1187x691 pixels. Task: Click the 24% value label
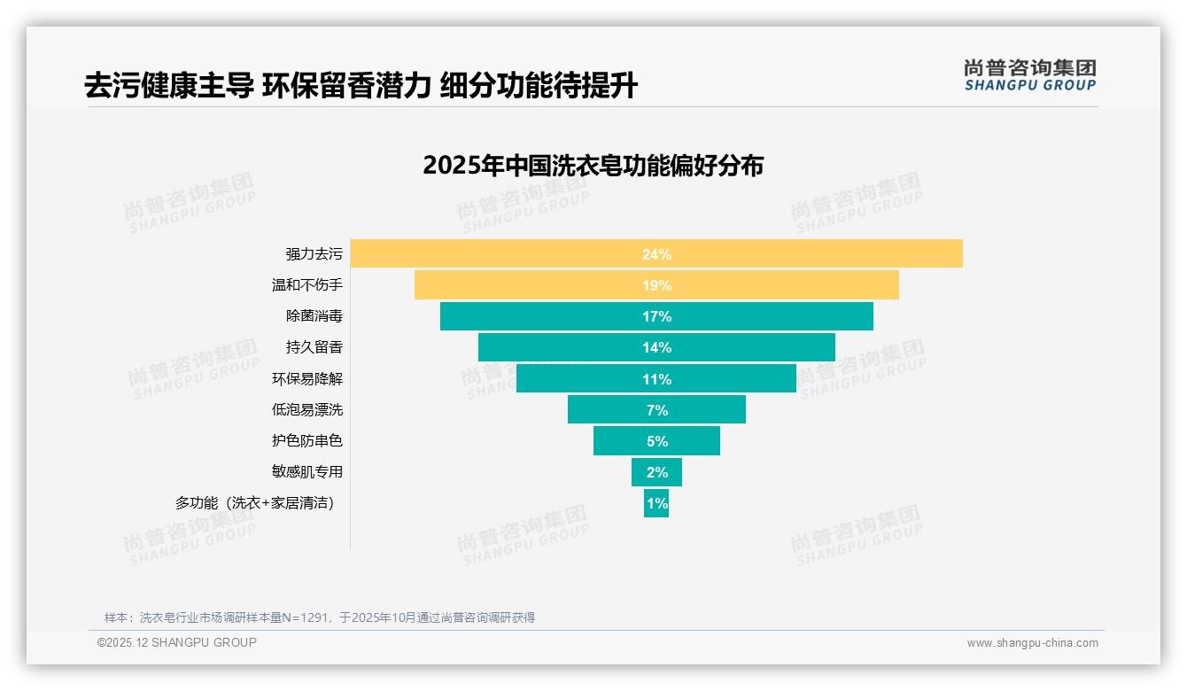(656, 254)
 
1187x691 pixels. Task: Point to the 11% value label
(656, 379)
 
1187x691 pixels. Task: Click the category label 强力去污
(314, 254)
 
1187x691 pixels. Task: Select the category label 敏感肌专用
(306, 472)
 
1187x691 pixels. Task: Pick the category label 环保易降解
(306, 379)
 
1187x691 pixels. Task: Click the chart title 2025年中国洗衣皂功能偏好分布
(593, 166)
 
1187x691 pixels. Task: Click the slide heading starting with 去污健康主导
(361, 86)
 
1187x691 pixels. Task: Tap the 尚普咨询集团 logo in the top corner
(1029, 75)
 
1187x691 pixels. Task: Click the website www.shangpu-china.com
(1032, 643)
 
